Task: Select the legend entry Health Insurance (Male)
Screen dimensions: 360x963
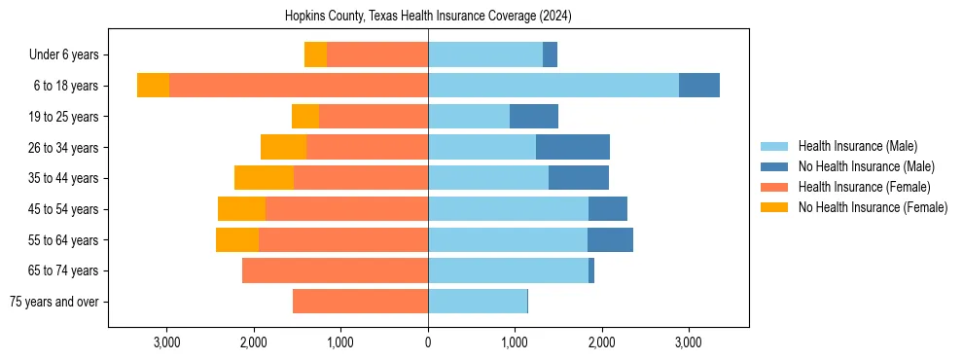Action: pos(857,146)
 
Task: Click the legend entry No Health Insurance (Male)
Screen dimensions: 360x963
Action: pos(866,166)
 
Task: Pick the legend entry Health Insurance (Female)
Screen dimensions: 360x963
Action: pos(864,187)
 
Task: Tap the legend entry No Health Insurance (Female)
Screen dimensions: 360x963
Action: pos(873,207)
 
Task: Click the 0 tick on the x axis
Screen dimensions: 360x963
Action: pos(428,342)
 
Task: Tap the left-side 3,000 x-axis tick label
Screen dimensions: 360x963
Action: pos(167,342)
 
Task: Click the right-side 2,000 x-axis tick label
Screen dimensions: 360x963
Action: pos(601,342)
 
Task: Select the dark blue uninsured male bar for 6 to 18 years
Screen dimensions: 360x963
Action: pos(698,86)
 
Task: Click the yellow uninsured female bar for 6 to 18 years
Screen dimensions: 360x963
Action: pos(153,86)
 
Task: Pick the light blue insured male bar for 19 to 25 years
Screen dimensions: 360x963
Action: pos(469,117)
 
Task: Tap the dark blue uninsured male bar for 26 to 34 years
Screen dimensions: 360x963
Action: pos(572,147)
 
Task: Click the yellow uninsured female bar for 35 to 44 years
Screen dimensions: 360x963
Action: pos(264,178)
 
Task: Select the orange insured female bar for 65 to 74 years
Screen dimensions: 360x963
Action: pos(335,270)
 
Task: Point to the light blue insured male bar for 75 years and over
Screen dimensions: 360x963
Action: pos(477,302)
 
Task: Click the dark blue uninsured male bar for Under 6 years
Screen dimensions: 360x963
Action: pos(550,55)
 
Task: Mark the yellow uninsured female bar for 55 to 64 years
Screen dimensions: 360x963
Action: pos(237,239)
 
